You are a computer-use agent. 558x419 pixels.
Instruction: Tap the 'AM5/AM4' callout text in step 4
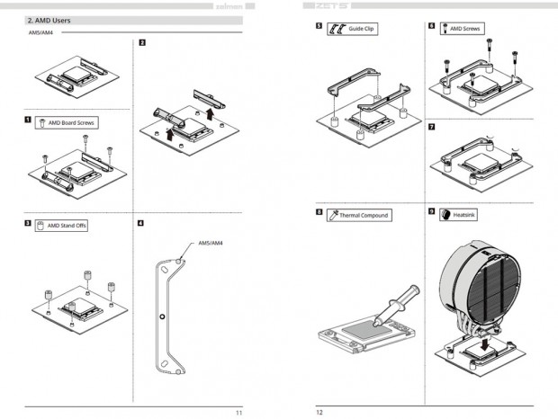click(x=211, y=244)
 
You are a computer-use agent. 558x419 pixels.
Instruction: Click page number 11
click(x=238, y=412)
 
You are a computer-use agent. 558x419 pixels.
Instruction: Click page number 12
click(x=319, y=412)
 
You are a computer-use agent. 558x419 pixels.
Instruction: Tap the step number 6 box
click(x=432, y=27)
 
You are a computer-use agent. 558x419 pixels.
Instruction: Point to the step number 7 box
click(x=432, y=127)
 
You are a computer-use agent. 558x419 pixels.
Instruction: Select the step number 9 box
click(x=432, y=213)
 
